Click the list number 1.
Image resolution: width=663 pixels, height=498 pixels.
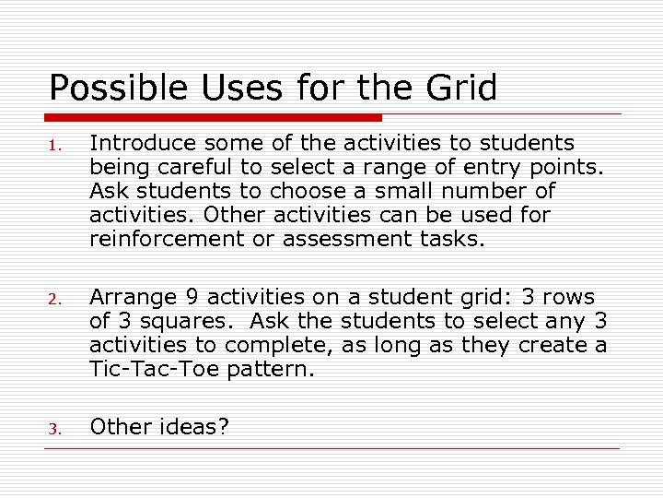[55, 146]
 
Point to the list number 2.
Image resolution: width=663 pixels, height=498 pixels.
[55, 300]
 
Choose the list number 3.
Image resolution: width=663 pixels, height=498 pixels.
[55, 429]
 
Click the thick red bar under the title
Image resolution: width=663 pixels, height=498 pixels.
[214, 117]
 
